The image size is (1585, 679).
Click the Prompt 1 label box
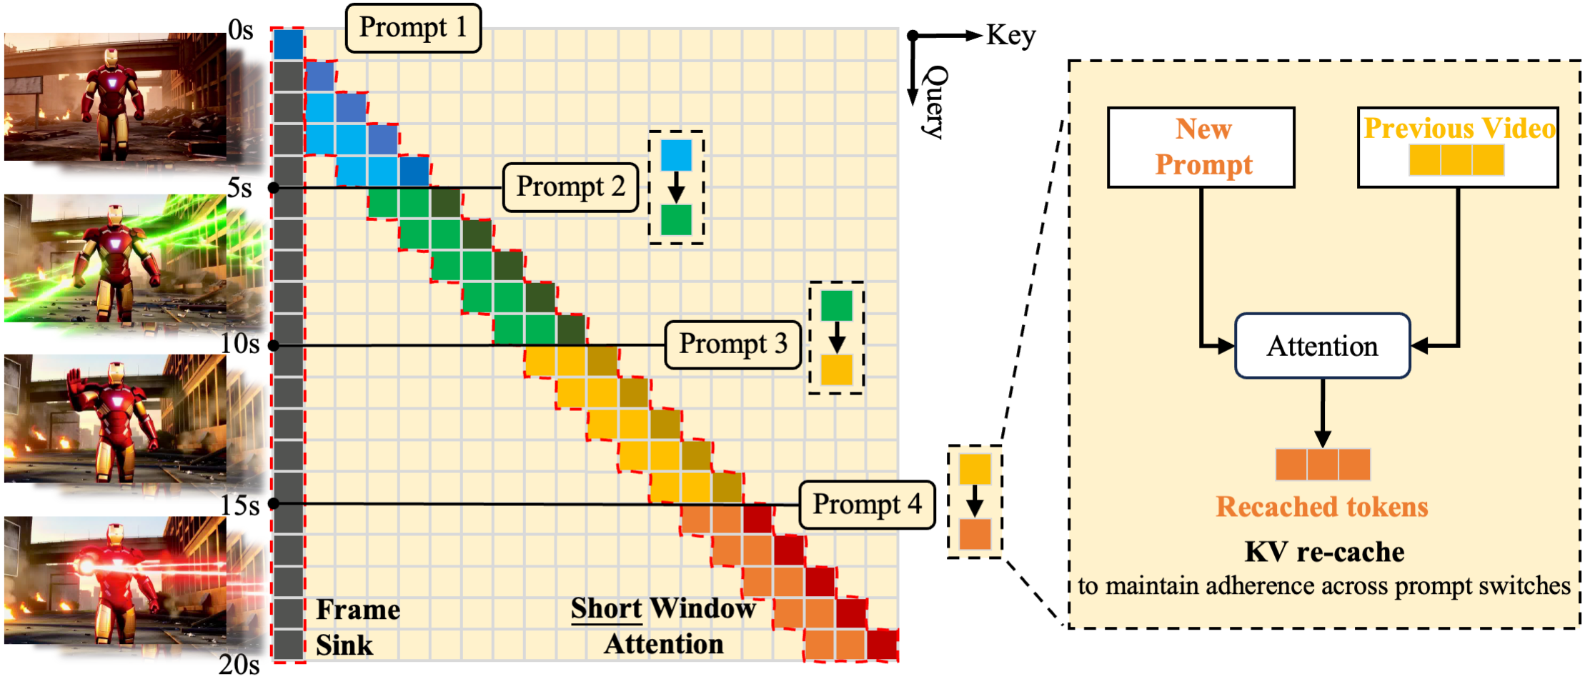coord(413,28)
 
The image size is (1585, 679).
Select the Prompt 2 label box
coord(570,187)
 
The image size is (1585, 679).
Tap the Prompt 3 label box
coord(732,345)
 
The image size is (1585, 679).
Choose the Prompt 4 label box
coord(867,505)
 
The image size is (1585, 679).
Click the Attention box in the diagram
coord(1322,346)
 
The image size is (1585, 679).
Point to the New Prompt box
coord(1201,147)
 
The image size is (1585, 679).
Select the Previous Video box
coord(1458,147)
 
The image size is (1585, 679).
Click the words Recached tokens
coord(1322,507)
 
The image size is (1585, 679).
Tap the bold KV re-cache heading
coord(1324,552)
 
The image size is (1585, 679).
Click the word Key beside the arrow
coord(1010,35)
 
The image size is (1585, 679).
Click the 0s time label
coord(241,30)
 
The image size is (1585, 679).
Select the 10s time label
coord(239,344)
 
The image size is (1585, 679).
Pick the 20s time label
coord(239,665)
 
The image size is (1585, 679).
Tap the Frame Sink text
coord(357,627)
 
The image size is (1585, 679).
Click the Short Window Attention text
coord(663,626)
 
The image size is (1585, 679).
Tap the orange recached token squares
coord(1323,465)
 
